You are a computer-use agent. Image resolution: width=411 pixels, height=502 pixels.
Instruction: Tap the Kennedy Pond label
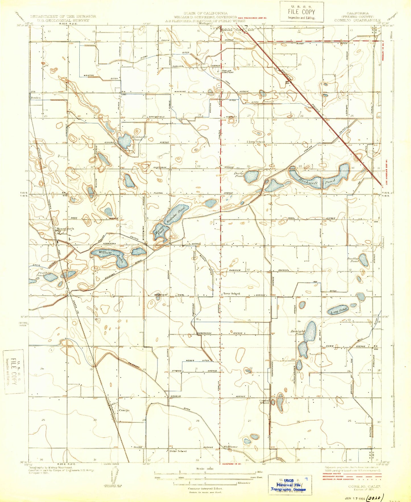139,138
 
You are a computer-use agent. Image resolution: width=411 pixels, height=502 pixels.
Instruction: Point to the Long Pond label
339,310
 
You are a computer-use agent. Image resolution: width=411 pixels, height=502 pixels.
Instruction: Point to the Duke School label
178,451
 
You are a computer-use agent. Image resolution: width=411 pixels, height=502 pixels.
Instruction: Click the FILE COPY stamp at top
301,12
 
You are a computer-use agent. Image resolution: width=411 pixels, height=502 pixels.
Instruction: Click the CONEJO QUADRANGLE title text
357,20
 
